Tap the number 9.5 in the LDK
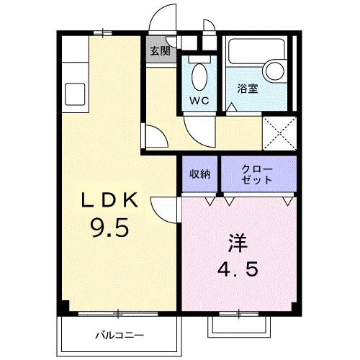(109, 228)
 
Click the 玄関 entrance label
(160, 51)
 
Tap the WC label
(199, 101)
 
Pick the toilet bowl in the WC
(200, 76)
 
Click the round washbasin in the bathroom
(274, 70)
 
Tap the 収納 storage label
(200, 174)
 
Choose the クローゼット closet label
(258, 174)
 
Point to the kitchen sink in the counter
(74, 93)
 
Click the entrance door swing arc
(164, 16)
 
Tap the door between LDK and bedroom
(164, 210)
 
